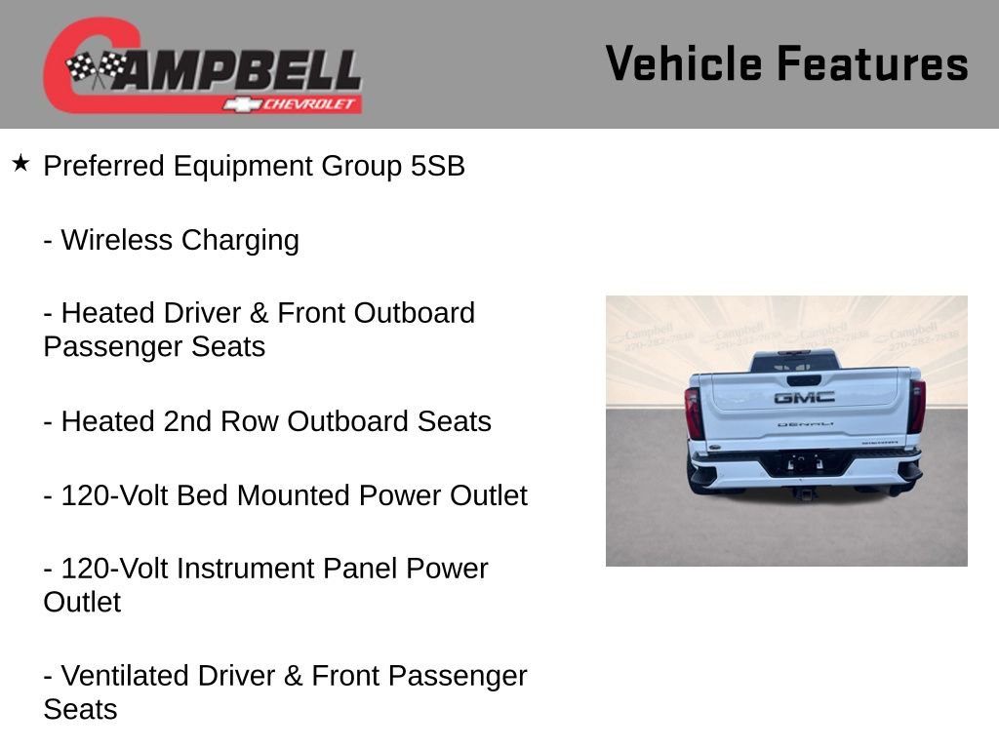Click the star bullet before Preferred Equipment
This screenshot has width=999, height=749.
pos(20,163)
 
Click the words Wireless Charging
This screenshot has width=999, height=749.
pos(180,240)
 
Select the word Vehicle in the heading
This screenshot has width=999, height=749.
pos(684,64)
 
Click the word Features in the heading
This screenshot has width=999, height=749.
pos(872,64)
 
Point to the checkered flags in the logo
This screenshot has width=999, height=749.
pos(97,68)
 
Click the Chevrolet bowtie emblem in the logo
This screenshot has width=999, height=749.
pos(238,104)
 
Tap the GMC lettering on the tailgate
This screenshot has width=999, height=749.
pos(804,397)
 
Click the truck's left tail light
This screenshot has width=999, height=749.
pos(694,413)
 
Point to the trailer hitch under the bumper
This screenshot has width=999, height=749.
pos(805,493)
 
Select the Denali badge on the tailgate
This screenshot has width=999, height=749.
pos(805,424)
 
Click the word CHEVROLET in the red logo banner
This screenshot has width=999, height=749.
pos(310,104)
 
